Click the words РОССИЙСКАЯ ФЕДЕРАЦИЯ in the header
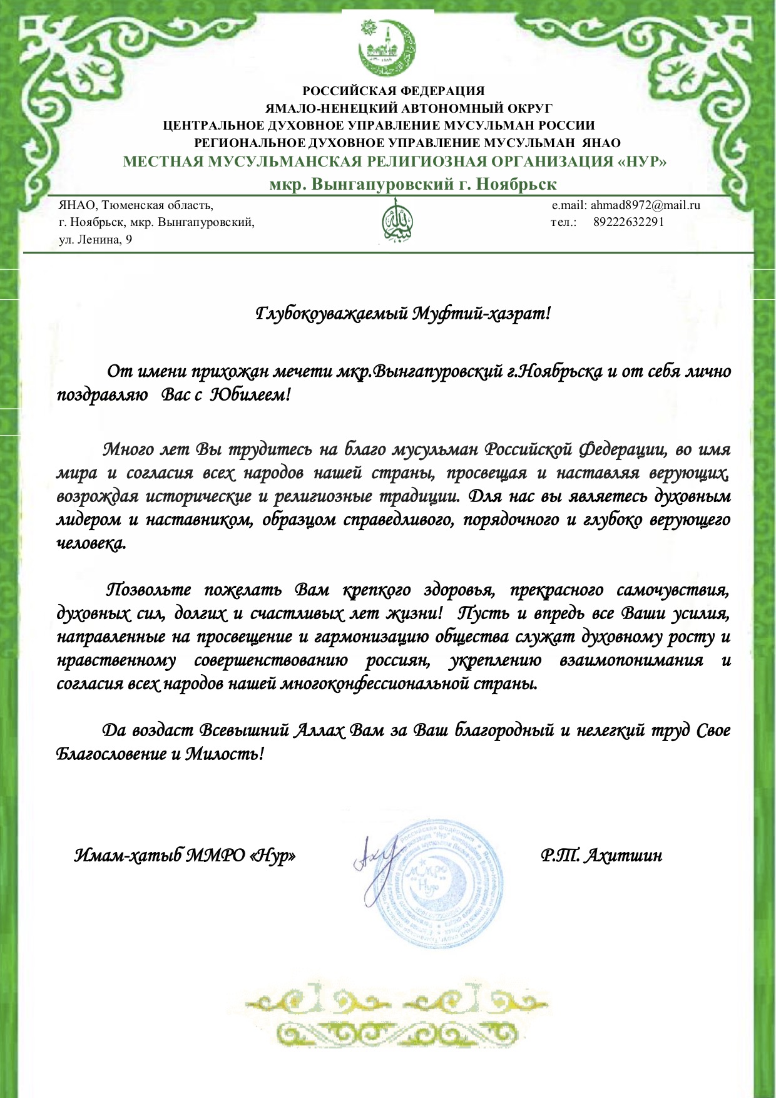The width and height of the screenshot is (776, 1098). click(394, 91)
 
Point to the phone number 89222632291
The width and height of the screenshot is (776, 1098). click(628, 222)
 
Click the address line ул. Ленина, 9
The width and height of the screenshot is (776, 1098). click(95, 240)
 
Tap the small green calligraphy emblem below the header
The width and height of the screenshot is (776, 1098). click(396, 221)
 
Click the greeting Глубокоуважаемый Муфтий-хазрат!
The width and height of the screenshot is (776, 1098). click(404, 312)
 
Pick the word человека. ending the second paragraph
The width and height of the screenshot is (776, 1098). click(91, 543)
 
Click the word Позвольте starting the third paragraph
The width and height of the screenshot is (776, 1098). click(148, 590)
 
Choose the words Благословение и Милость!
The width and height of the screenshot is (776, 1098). click(160, 754)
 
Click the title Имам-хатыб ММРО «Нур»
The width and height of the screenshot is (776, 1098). click(185, 855)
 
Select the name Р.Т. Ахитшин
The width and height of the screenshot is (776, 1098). click(601, 855)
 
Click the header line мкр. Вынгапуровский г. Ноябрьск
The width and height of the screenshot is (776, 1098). click(413, 184)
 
